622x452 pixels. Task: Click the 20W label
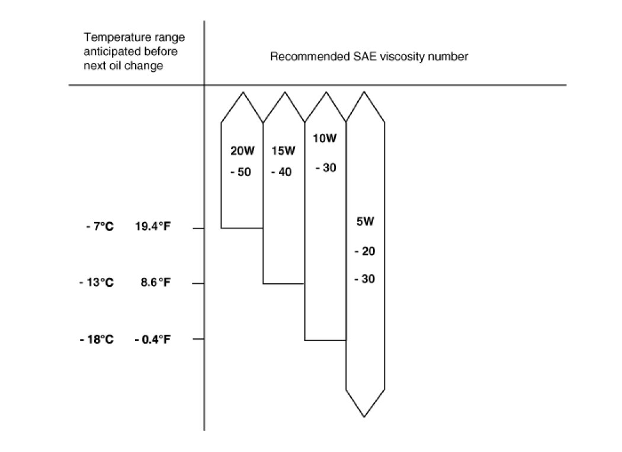242,151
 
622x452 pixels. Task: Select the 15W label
283,151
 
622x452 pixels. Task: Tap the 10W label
325,139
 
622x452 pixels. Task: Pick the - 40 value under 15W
281,173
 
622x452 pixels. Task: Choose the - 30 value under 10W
326,168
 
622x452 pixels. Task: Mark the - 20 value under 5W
364,251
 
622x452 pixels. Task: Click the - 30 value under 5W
364,279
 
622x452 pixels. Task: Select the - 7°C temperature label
99,227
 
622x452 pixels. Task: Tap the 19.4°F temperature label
152,227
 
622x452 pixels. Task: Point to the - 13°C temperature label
96,283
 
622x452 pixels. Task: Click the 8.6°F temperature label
155,283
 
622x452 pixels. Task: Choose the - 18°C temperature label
96,339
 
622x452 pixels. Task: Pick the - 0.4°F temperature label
152,339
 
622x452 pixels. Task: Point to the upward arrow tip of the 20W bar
242,93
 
